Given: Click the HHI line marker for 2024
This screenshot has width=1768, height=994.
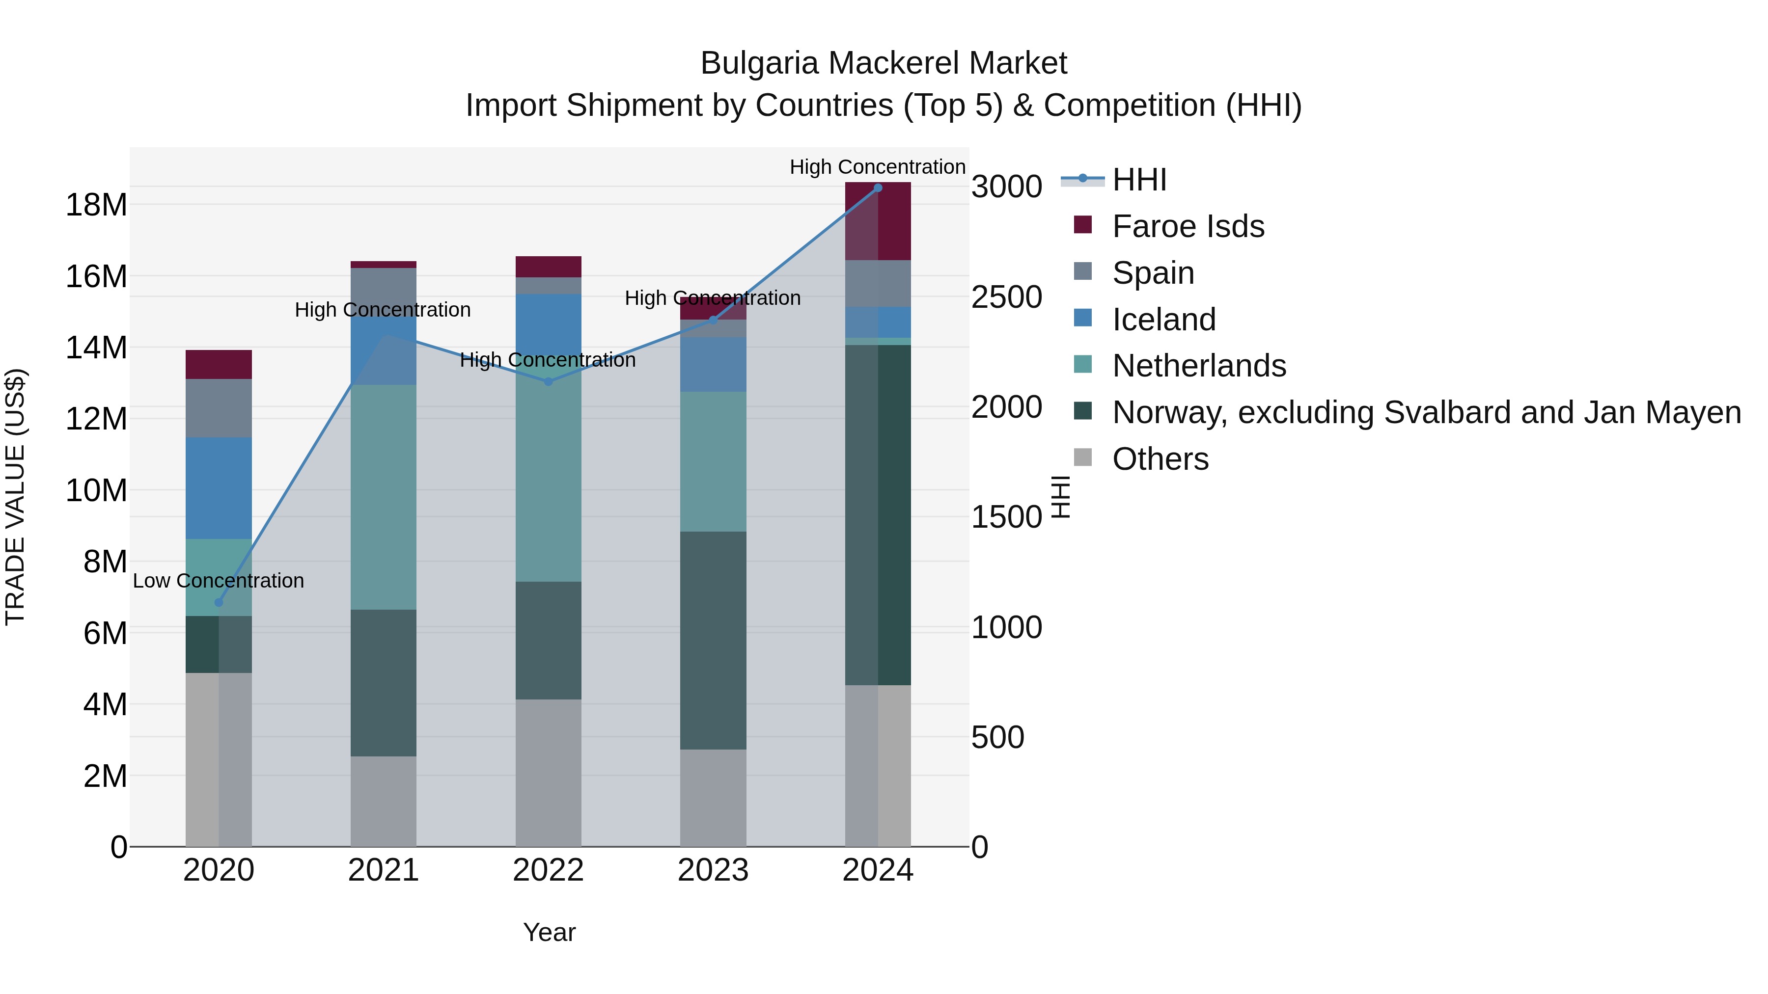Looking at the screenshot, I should point(877,188).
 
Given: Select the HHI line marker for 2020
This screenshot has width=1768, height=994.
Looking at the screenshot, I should point(219,603).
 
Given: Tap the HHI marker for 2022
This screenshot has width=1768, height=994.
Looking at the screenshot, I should point(549,382).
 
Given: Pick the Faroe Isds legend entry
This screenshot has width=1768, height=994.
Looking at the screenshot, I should point(1188,226).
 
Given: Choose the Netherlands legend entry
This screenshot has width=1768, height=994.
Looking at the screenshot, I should point(1198,366).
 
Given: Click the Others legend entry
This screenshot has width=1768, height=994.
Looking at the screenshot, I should point(1160,459).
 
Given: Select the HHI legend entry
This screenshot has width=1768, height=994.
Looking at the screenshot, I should point(1139,180).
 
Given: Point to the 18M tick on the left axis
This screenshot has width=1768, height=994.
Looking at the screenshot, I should point(96,204).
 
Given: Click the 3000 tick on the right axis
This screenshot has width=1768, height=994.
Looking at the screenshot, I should point(1006,187).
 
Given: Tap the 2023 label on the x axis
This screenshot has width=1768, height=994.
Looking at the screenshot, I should point(713,870).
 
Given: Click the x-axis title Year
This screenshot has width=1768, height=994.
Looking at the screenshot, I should point(549,932).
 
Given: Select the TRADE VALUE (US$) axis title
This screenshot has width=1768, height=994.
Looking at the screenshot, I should point(15,497).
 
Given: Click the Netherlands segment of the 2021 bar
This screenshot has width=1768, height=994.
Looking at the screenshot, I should point(384,497).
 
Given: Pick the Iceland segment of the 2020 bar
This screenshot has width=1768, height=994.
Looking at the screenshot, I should point(219,488).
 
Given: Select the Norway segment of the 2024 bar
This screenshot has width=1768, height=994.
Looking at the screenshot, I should point(878,514).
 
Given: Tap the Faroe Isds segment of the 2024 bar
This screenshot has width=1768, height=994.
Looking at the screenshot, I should point(878,221).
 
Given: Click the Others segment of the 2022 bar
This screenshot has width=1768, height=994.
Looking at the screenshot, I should point(549,773).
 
